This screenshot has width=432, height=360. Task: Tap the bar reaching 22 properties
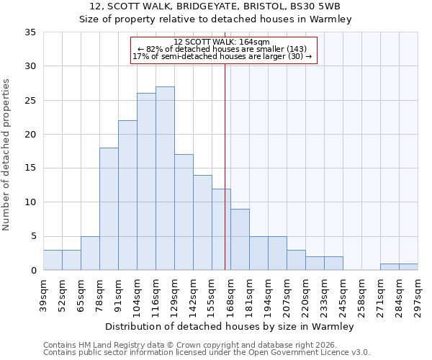(x=127, y=195)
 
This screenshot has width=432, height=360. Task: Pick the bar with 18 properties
(x=109, y=209)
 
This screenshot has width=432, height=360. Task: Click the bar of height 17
(x=184, y=212)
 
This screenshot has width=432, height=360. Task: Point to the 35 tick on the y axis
(x=31, y=32)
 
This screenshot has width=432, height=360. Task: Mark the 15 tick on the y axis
(x=31, y=168)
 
